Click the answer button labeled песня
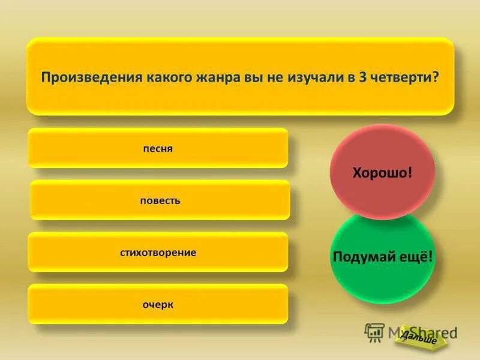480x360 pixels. coord(158,148)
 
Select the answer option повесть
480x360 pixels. coord(160,200)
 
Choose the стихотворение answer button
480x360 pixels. coord(158,253)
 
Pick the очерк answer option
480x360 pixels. coord(158,305)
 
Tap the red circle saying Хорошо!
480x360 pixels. coord(382,172)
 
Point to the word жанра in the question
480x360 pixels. coord(209,78)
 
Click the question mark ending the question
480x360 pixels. coord(436,78)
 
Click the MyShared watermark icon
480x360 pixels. coord(374,332)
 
